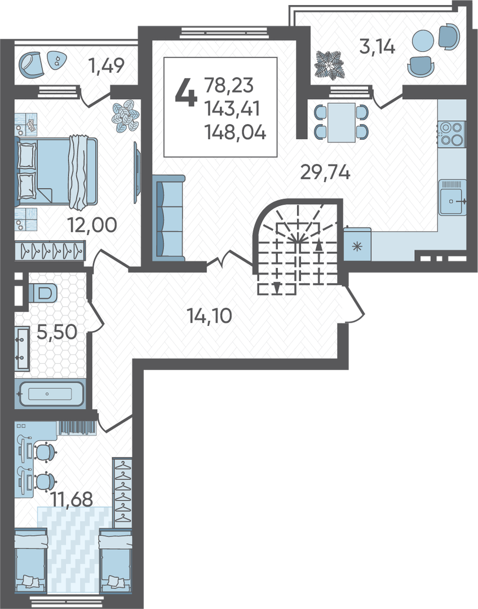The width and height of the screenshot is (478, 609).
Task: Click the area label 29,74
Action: tap(325, 172)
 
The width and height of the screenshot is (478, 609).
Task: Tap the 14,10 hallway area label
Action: tap(209, 315)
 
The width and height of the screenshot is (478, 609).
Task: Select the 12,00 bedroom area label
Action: tap(92, 224)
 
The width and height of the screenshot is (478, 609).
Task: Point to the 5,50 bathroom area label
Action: tap(57, 332)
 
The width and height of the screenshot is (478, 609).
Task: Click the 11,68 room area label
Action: tap(73, 500)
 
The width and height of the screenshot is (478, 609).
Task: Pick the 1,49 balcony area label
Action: tap(107, 65)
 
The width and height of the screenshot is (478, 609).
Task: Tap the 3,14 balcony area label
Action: tap(377, 47)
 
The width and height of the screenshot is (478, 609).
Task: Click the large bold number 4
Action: tap(185, 92)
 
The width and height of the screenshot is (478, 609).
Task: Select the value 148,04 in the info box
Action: tap(235, 133)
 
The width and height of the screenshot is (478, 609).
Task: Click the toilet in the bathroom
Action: tap(43, 292)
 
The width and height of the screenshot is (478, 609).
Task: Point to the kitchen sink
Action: tap(453, 197)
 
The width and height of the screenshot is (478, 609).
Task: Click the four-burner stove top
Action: tap(452, 134)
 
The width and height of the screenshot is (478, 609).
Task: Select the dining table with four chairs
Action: tap(341, 122)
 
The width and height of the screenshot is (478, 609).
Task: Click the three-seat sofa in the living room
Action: tap(169, 218)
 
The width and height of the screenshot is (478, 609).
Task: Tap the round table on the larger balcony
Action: tap(422, 39)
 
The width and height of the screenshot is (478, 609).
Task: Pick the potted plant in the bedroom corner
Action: tap(126, 116)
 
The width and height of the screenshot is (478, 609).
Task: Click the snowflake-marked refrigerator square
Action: tap(357, 246)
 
